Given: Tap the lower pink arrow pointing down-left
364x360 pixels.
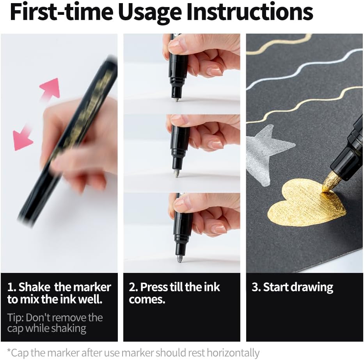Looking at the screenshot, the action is click(x=22, y=139).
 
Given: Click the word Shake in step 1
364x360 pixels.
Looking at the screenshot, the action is click(x=34, y=287).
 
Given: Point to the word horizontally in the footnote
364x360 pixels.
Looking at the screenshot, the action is click(x=233, y=353).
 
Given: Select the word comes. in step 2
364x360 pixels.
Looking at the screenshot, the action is click(x=147, y=300).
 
